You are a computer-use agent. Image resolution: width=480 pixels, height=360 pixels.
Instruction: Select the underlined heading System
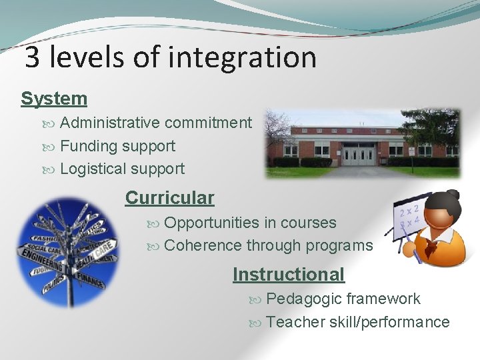(x=54, y=99)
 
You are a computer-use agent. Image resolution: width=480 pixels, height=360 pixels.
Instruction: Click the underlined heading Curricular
(x=169, y=198)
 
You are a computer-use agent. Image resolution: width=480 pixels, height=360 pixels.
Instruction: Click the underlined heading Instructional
(x=288, y=274)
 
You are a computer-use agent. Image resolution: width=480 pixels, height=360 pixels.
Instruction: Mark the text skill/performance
(x=389, y=322)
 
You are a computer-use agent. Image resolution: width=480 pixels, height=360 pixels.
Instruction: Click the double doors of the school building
(x=359, y=154)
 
